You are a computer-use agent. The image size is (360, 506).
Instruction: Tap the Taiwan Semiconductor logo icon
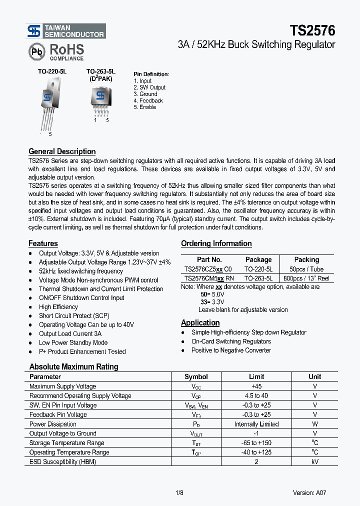(34, 31)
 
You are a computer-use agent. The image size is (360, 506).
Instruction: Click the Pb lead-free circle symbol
(36, 51)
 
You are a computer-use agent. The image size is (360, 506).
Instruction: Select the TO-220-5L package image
(47, 102)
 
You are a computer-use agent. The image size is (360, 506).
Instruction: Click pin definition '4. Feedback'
(148, 100)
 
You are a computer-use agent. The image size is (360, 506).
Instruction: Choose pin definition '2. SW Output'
(149, 87)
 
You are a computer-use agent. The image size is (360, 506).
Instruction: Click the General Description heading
(62, 151)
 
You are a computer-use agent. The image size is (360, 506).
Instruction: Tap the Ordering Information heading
(216, 243)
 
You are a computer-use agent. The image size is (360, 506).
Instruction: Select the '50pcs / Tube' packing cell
(306, 269)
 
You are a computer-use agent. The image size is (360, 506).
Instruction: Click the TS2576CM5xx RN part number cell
(209, 278)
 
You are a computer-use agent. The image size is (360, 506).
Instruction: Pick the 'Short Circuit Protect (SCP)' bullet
(74, 316)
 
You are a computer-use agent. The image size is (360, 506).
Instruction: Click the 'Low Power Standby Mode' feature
(73, 342)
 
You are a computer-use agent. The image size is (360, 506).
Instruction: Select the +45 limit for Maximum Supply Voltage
(256, 386)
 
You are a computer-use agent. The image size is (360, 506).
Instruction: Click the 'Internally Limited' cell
(256, 424)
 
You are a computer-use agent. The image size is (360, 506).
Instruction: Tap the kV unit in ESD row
(315, 461)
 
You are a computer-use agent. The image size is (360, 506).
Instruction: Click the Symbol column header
(196, 377)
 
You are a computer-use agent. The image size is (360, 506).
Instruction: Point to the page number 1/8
(179, 492)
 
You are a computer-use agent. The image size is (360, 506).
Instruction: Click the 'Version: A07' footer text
(309, 492)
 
